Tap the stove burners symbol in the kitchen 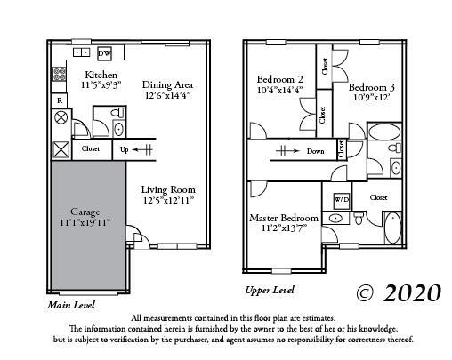pyautogui.click(x=61, y=76)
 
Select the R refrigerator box pyautogui.click(x=60, y=100)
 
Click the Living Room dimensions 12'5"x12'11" pyautogui.click(x=168, y=200)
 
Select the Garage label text pyautogui.click(x=86, y=212)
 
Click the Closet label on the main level pyautogui.click(x=90, y=149)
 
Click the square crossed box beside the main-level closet pyautogui.click(x=61, y=149)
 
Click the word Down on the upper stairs pyautogui.click(x=314, y=151)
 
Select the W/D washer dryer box pyautogui.click(x=342, y=198)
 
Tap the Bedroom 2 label pyautogui.click(x=280, y=78)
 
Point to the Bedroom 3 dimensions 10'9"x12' pyautogui.click(x=370, y=99)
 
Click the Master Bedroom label pyautogui.click(x=284, y=217)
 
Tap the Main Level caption pyautogui.click(x=71, y=304)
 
